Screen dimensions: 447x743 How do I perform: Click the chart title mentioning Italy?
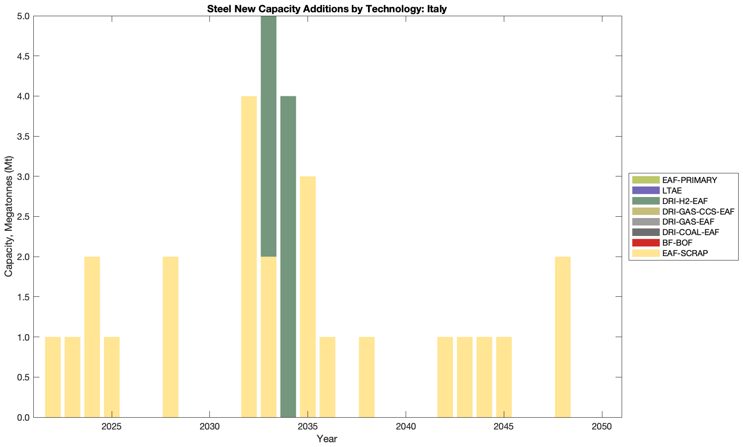(327, 9)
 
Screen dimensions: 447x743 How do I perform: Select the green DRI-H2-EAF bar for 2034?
(288, 257)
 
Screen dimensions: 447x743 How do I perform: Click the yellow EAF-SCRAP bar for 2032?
(249, 257)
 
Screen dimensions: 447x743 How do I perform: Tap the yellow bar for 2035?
(308, 297)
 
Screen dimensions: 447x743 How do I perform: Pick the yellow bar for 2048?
(563, 337)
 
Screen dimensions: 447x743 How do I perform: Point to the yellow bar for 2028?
(170, 337)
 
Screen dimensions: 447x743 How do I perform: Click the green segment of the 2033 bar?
(269, 136)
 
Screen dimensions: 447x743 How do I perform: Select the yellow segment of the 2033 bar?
(269, 337)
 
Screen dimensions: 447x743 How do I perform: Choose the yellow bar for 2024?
(92, 337)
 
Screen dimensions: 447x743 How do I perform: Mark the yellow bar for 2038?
(367, 377)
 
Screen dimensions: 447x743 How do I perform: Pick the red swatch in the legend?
(646, 243)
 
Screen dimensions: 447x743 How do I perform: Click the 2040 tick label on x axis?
(406, 426)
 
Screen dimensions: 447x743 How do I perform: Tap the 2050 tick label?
(602, 426)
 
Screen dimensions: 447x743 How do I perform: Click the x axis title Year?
(327, 439)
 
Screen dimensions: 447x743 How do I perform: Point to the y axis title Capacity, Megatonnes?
(9, 216)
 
